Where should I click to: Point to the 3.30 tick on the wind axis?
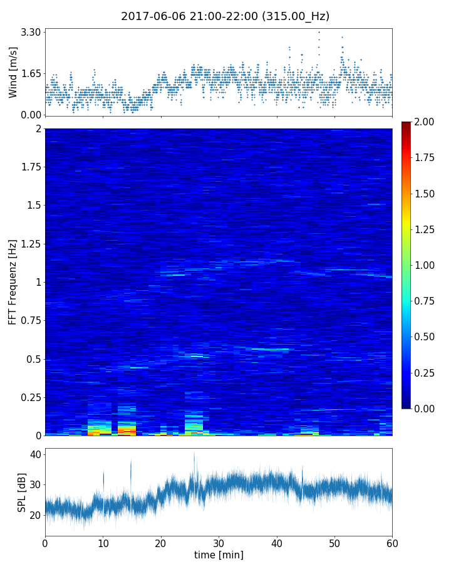click(x=31, y=32)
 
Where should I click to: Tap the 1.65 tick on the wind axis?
click(x=31, y=73)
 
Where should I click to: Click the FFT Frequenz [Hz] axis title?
click(x=13, y=282)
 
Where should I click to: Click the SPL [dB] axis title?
click(x=22, y=491)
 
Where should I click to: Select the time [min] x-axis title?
click(x=219, y=555)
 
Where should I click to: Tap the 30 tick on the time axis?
click(x=219, y=542)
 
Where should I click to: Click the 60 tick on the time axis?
click(x=392, y=542)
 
